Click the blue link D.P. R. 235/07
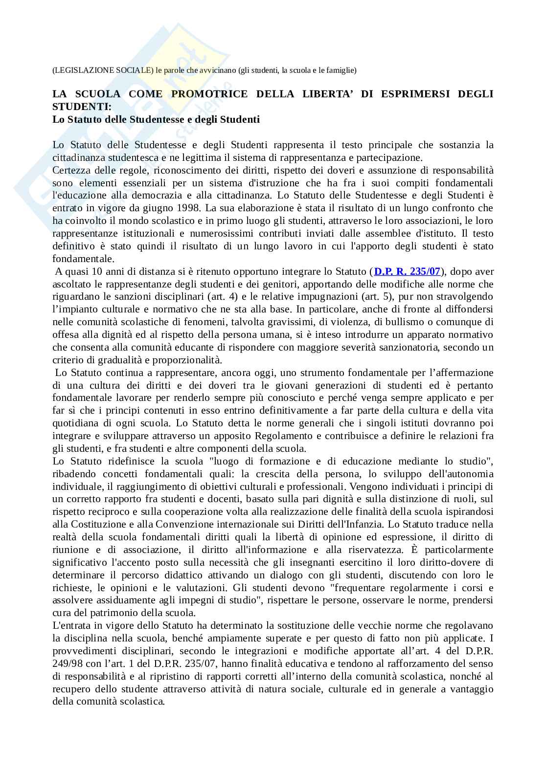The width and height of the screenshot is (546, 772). tap(407, 271)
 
